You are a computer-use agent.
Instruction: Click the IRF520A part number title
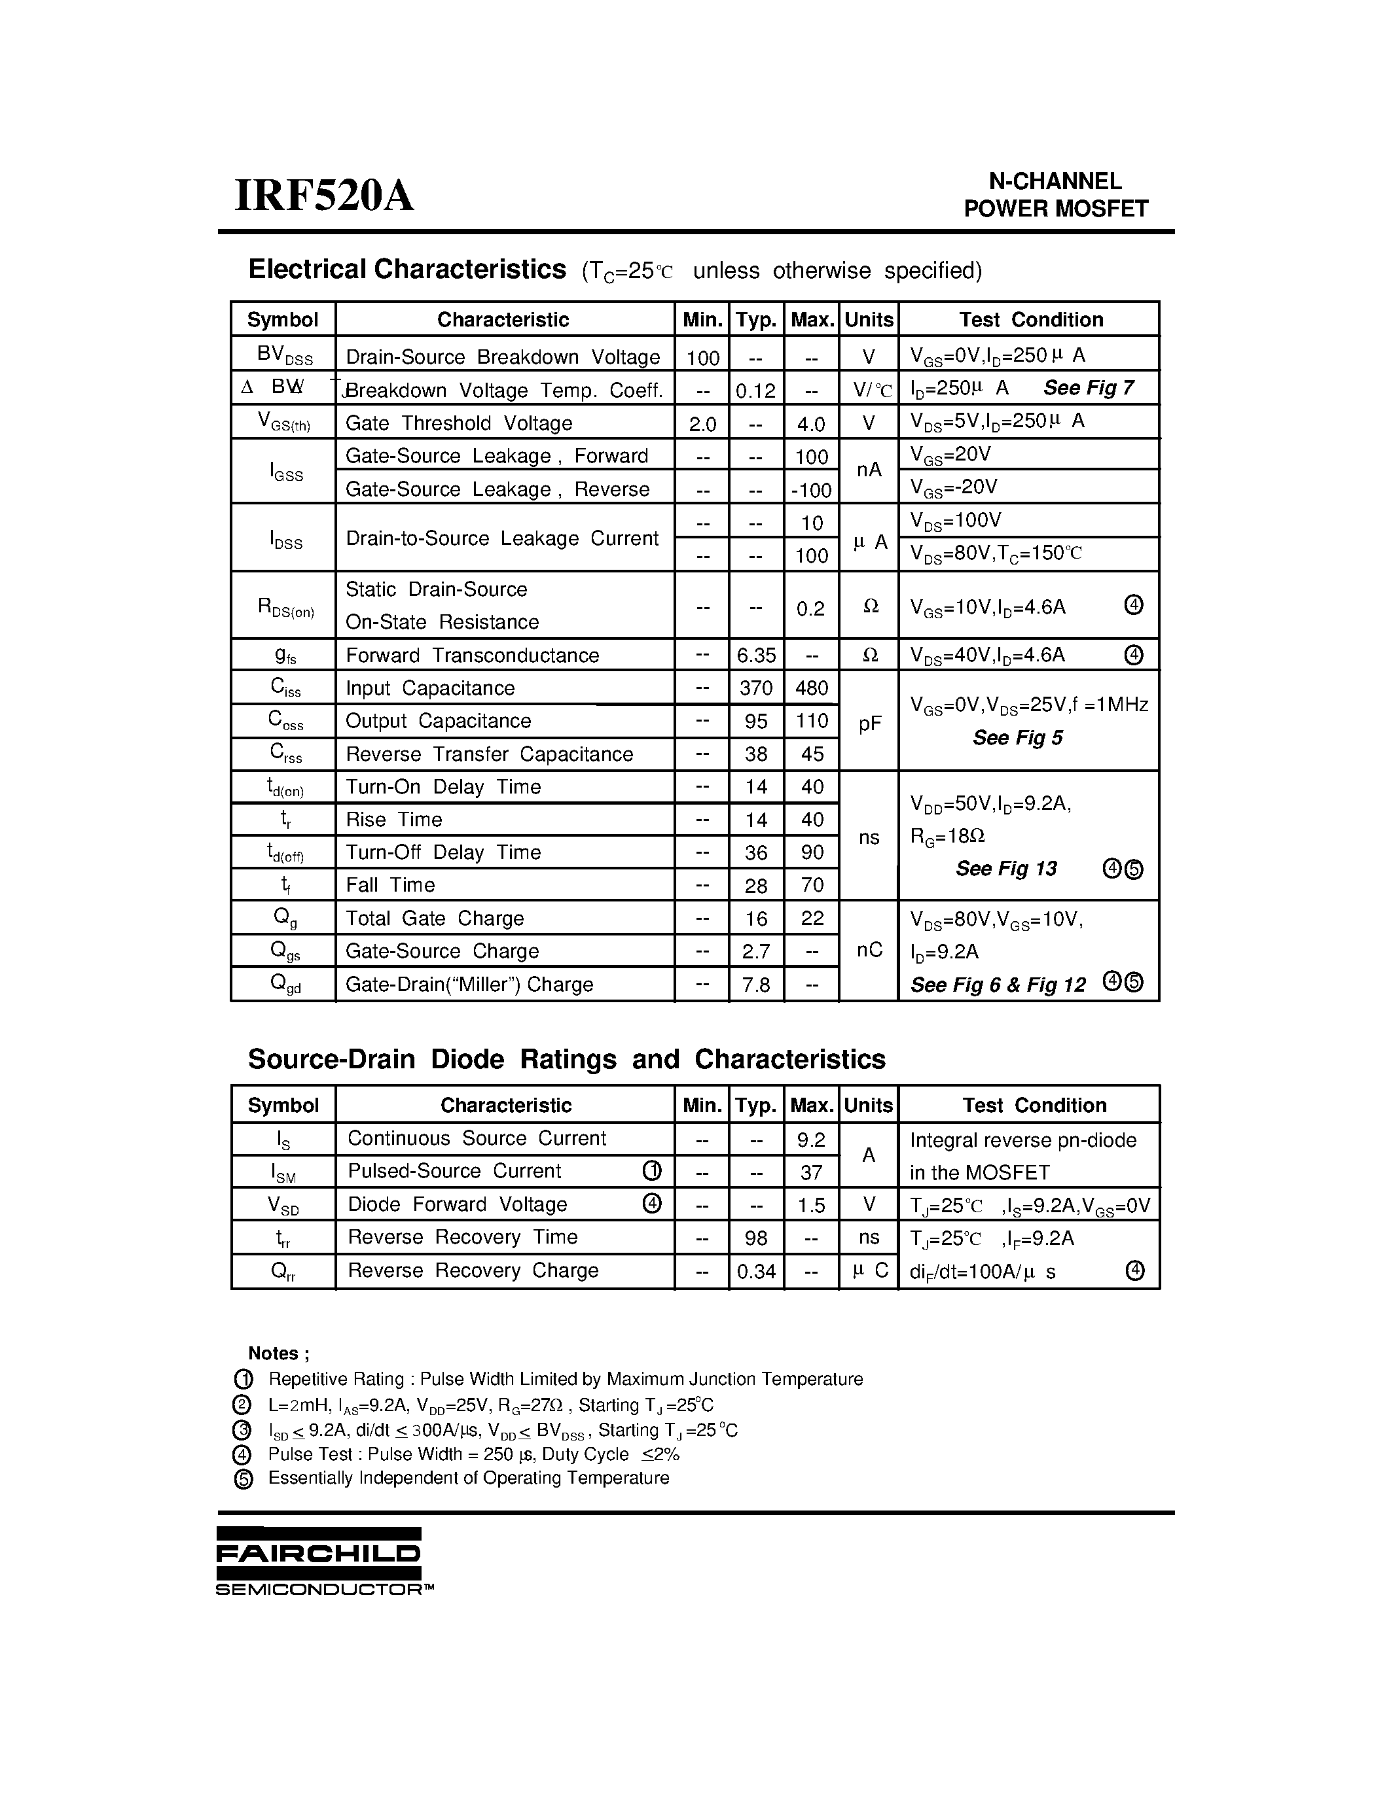324,197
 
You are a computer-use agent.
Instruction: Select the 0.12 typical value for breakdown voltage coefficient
755,391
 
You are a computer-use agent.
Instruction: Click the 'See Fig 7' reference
1089,387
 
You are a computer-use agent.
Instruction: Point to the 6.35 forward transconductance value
755,655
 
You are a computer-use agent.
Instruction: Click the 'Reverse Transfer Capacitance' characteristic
489,754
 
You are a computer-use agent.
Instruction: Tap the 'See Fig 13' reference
1006,869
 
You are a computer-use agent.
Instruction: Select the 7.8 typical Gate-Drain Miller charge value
755,985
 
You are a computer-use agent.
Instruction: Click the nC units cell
869,951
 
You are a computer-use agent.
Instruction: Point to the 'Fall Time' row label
389,886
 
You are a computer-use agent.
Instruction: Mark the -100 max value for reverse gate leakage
811,490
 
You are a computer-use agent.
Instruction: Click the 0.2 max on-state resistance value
811,609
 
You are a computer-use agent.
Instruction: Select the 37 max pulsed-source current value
811,1172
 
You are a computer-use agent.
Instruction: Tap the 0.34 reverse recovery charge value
755,1272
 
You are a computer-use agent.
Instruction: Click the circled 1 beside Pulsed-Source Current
651,1170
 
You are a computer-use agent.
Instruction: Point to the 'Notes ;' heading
279,1354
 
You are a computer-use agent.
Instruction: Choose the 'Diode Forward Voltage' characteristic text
458,1204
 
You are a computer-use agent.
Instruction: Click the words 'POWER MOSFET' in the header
1056,209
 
